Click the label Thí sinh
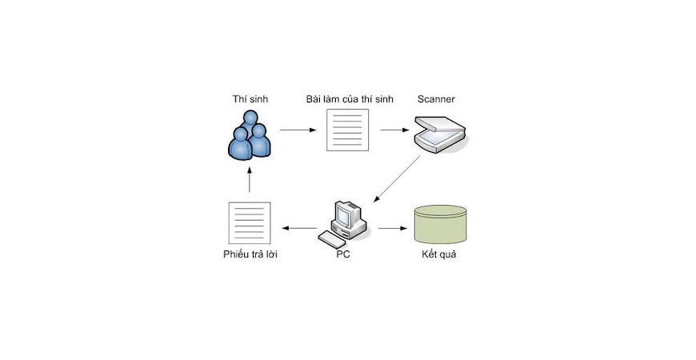coord(250,99)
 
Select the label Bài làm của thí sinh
coord(349,99)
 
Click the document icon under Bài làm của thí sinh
coord(349,130)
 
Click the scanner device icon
coord(438,131)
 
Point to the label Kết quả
coord(439,255)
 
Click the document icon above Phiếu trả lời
coord(250,223)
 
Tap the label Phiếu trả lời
coord(250,255)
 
